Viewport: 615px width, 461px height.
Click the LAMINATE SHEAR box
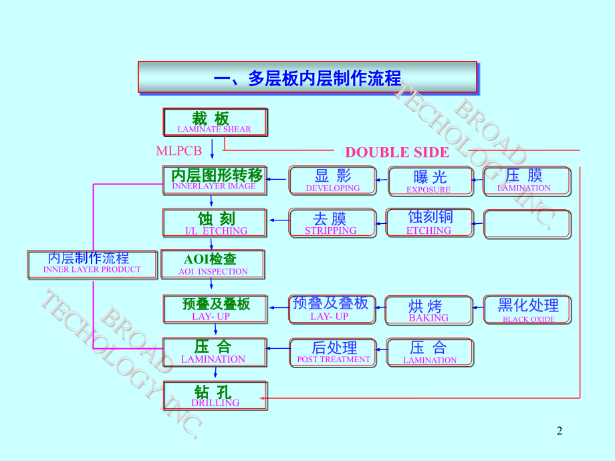[215, 122]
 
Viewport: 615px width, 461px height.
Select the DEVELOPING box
[332, 180]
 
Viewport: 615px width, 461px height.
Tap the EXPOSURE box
[430, 180]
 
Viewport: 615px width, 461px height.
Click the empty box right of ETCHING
[527, 224]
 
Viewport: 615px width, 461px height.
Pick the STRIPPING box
[330, 223]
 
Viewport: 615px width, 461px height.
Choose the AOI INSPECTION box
[213, 264]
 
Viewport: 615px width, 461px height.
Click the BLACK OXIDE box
[527, 310]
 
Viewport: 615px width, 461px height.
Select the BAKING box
[428, 310]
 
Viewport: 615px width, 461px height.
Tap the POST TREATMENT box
[333, 352]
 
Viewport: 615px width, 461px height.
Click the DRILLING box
[215, 395]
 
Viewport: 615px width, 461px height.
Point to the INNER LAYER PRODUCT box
[92, 264]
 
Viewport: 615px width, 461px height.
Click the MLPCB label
[179, 152]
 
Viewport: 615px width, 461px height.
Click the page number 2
[560, 432]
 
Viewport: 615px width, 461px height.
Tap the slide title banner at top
[307, 78]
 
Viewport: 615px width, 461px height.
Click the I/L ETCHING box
[215, 223]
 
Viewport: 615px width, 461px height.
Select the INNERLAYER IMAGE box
[215, 180]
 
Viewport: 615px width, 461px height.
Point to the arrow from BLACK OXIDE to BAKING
[477, 307]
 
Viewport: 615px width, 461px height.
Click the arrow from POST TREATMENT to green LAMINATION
[277, 348]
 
